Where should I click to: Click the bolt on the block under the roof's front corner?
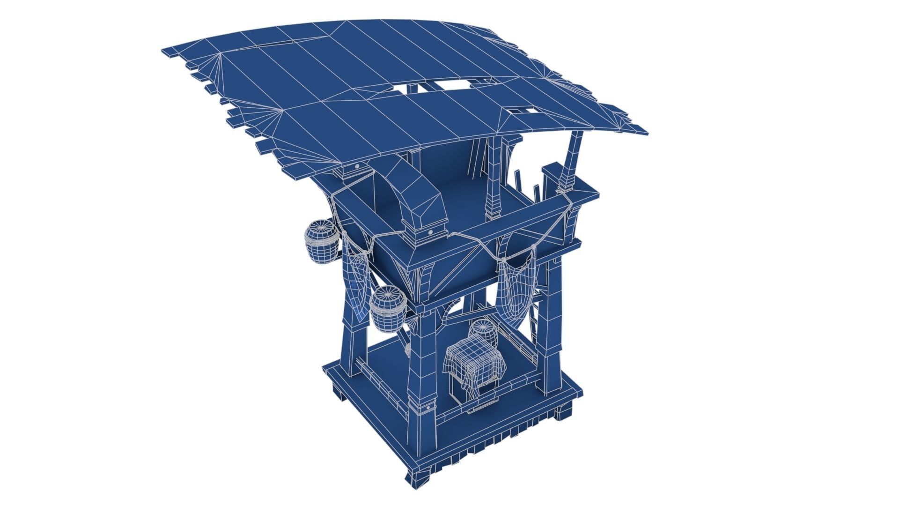coord(357,166)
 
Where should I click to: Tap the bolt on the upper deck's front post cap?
coord(429,231)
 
